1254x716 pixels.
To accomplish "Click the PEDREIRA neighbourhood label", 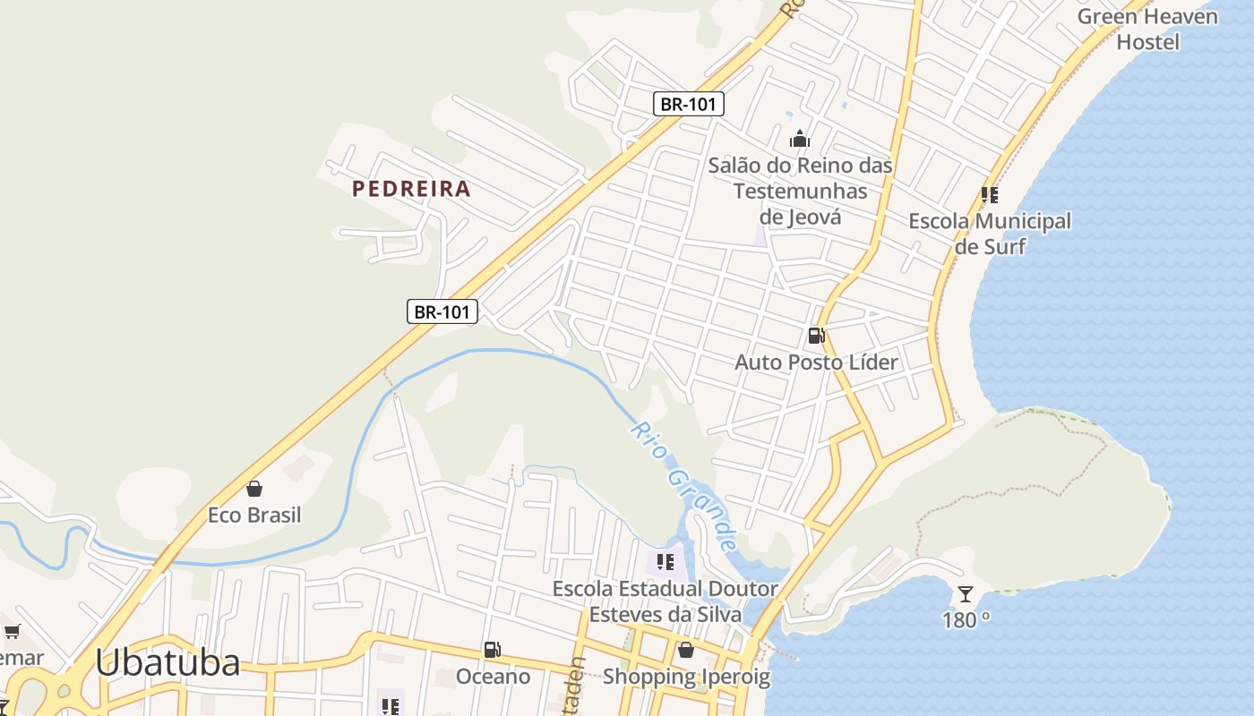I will (411, 189).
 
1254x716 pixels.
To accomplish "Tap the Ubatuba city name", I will (167, 663).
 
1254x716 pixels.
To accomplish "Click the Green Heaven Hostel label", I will (1147, 29).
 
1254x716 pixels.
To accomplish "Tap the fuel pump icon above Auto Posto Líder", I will (816, 336).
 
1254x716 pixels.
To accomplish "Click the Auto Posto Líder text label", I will (816, 362).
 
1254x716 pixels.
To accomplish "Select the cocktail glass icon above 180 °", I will (965, 593).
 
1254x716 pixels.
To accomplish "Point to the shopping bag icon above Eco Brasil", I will (254, 489).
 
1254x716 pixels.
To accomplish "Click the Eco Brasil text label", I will (254, 516).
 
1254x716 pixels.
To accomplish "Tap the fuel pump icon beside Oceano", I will (492, 650).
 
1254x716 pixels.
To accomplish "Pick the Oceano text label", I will (493, 677).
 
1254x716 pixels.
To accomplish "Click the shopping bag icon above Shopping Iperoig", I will (686, 650).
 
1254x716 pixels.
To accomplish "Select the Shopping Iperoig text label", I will (686, 677).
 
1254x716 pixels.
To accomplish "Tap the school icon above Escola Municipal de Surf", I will (990, 194).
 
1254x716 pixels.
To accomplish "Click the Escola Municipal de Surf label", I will (990, 234).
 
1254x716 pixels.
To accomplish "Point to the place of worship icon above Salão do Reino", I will (800, 139).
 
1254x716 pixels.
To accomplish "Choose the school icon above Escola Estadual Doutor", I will (665, 562).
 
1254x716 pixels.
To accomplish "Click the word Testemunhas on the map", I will (800, 191).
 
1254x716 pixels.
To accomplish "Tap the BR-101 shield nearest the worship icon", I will (688, 104).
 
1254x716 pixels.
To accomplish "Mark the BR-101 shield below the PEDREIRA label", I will (442, 311).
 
